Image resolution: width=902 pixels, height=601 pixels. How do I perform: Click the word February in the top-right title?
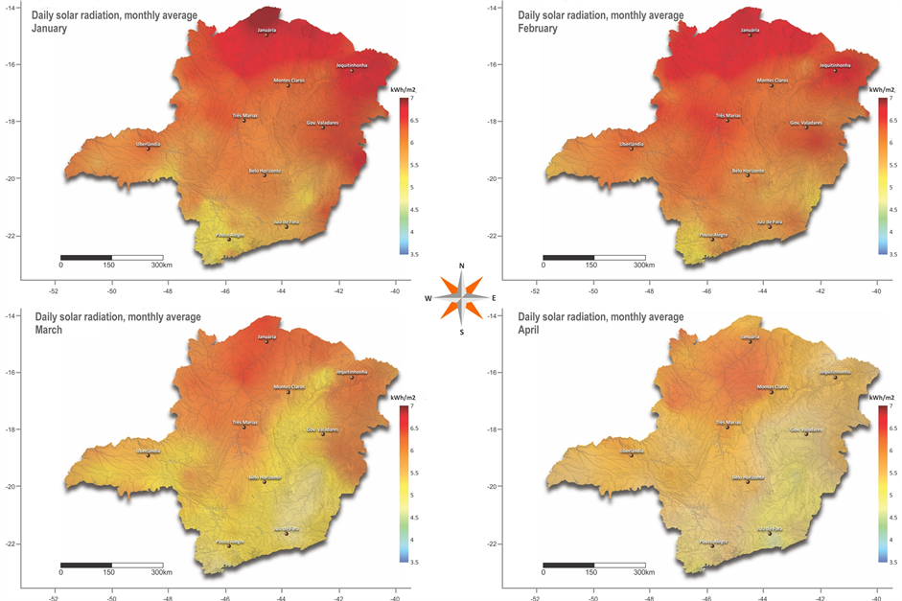[x=538, y=29]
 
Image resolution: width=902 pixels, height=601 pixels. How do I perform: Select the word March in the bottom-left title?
[x=49, y=330]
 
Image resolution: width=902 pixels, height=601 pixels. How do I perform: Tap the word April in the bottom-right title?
[x=530, y=330]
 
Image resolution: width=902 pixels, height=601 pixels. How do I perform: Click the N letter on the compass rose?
[x=462, y=266]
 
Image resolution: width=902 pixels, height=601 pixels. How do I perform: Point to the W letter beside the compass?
[x=428, y=298]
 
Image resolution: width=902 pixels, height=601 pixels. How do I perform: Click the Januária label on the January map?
[x=267, y=31]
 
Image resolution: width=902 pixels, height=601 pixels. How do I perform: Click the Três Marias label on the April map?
[x=728, y=422]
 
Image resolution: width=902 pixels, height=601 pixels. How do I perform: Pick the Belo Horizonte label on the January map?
[x=265, y=171]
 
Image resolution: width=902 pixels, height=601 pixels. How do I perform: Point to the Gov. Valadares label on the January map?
[x=322, y=123]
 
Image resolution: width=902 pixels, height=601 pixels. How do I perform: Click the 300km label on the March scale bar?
[x=161, y=573]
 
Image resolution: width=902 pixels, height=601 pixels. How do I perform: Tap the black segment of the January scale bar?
[x=86, y=257]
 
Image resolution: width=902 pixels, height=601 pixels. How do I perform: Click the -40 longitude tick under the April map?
[x=877, y=594]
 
